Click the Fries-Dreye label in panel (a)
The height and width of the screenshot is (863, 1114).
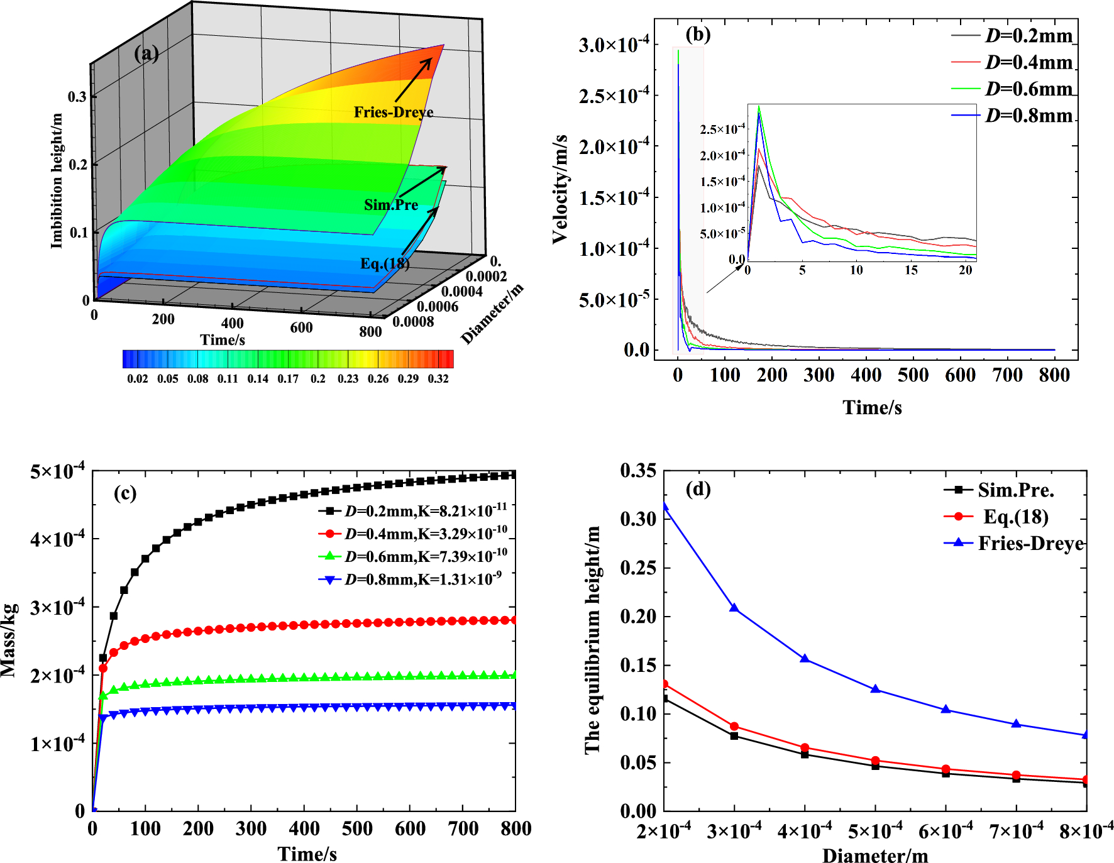394,113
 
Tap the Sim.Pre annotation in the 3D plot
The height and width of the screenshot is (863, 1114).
391,205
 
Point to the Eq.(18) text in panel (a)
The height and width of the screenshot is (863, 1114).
385,263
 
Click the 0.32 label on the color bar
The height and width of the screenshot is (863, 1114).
438,378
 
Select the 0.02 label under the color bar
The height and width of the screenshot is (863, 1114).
138,378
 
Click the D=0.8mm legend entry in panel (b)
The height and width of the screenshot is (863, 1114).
1029,116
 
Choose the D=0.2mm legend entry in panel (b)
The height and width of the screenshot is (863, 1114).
1029,36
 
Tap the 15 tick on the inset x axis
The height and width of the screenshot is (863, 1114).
911,270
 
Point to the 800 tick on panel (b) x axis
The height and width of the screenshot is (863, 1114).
1054,375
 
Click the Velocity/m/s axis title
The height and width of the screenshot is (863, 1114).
560,189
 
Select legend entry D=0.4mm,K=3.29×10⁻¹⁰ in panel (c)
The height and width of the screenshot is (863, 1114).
426,534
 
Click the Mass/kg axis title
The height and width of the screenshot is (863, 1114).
9,640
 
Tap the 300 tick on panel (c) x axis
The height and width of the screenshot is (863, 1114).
251,829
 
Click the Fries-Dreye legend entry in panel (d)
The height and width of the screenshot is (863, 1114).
1030,543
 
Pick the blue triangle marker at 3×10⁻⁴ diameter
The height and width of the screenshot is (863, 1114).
734,608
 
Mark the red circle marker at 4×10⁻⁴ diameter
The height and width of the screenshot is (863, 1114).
805,748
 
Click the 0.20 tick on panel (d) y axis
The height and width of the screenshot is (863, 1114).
638,617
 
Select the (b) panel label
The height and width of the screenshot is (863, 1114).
698,34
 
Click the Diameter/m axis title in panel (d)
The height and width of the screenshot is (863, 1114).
875,855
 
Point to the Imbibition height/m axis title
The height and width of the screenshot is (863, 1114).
57,181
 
